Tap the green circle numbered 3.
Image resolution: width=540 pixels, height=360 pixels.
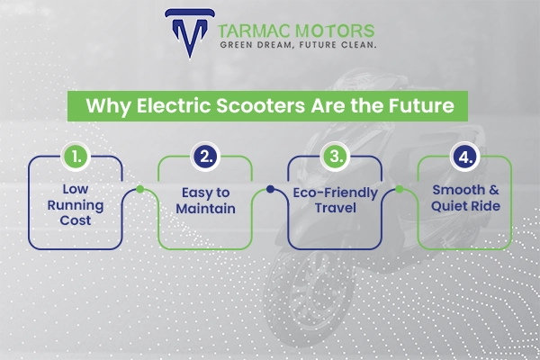334,157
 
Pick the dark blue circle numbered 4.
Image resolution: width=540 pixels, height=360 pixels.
463,157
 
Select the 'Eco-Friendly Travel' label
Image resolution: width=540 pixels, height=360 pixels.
334,201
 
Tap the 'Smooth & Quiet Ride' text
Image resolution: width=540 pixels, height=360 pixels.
463,201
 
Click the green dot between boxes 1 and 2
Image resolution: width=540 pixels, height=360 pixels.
139,190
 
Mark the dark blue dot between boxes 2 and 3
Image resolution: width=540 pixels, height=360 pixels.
269,190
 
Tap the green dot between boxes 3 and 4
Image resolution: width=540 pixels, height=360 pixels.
399,190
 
